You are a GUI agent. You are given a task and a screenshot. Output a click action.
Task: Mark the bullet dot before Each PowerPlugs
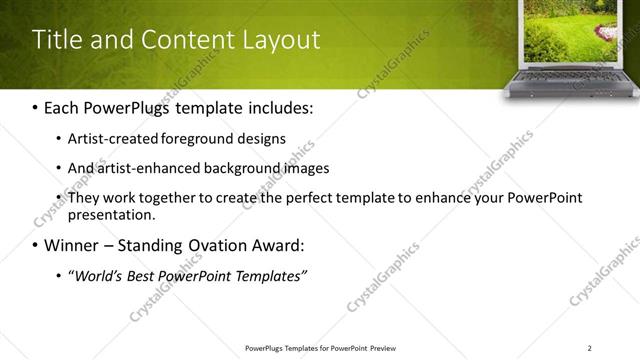point(36,106)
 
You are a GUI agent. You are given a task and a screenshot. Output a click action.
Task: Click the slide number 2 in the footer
point(589,348)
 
